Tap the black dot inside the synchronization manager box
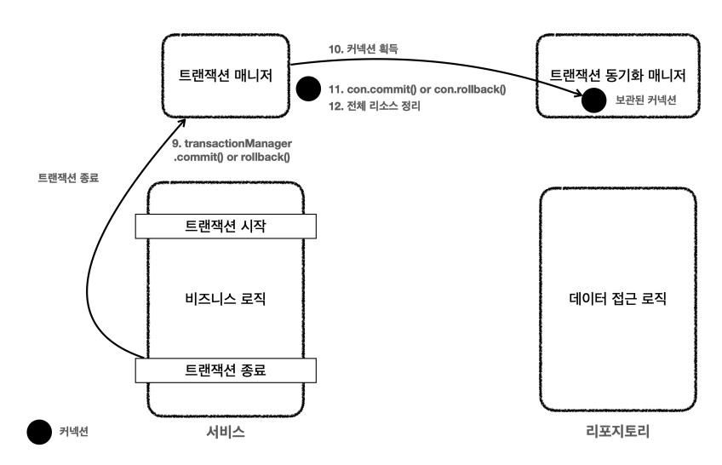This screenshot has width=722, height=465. pyautogui.click(x=593, y=100)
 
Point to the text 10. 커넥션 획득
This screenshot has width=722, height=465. pyautogui.click(x=363, y=50)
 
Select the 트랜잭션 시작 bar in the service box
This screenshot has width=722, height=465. pyautogui.click(x=226, y=226)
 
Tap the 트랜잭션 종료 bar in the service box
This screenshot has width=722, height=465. pyautogui.click(x=226, y=370)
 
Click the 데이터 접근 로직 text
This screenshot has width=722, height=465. pyautogui.click(x=617, y=300)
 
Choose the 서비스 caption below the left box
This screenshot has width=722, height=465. pyautogui.click(x=226, y=432)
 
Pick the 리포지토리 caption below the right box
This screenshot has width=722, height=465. pyautogui.click(x=618, y=432)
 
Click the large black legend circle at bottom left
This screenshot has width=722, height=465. pyautogui.click(x=38, y=432)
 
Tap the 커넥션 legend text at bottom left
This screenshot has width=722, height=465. pyautogui.click(x=74, y=432)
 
